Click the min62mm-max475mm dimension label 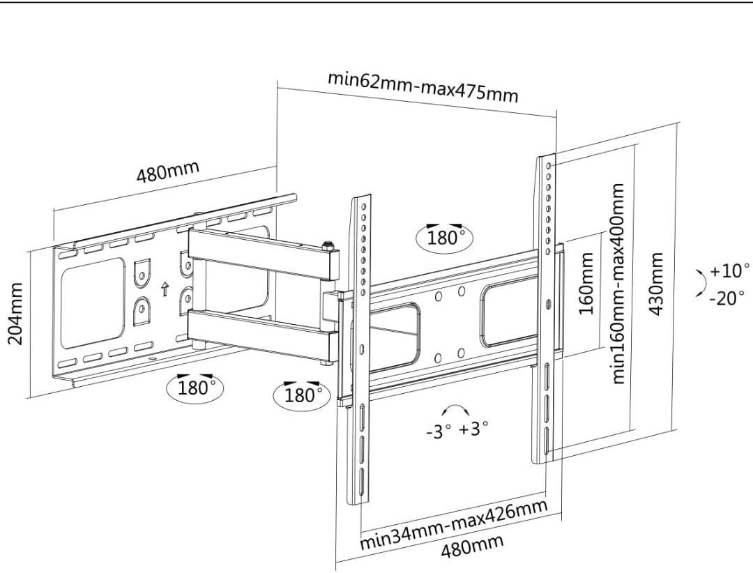(423, 86)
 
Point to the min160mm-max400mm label (618, 283)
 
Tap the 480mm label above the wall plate (167, 171)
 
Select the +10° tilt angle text (729, 270)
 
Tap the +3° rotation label (474, 427)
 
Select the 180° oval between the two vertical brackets (445, 237)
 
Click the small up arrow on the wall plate (165, 289)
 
